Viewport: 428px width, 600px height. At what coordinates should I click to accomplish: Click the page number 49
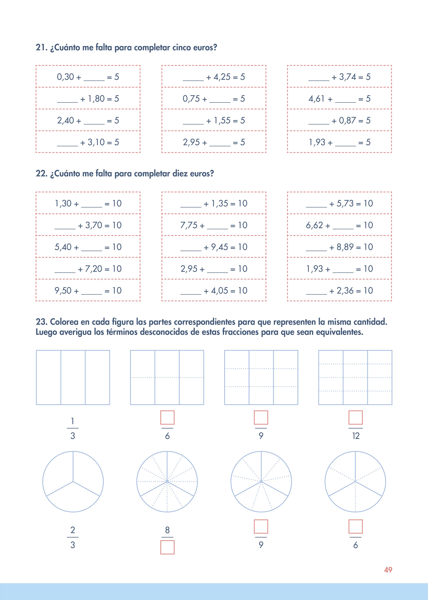[388, 570]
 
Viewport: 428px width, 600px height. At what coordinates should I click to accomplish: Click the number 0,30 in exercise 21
[65, 77]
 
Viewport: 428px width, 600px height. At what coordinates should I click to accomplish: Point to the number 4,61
[316, 99]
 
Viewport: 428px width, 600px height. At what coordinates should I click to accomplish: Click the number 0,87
[347, 121]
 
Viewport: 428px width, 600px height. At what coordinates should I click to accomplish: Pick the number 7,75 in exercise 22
[189, 225]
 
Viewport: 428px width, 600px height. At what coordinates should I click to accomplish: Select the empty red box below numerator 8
[167, 547]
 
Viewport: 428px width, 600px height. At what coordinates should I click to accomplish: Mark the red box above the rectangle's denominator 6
[167, 417]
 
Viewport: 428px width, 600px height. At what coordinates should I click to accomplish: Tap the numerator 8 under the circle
[167, 530]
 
